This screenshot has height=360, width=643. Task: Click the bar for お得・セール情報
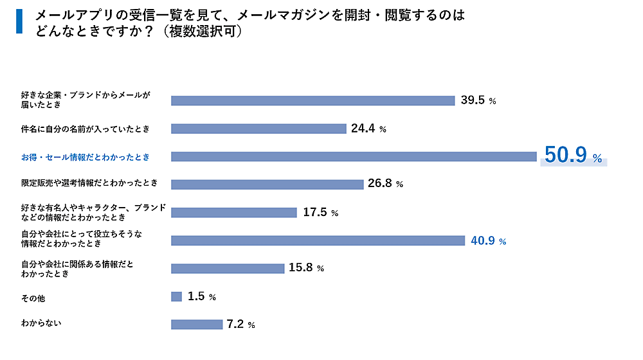click(354, 156)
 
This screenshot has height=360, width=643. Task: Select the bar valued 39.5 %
click(313, 100)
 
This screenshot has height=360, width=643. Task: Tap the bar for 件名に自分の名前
click(258, 129)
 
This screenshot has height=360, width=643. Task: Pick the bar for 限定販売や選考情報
click(267, 184)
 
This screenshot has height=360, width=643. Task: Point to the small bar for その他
click(176, 296)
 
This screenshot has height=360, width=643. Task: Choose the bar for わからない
click(197, 325)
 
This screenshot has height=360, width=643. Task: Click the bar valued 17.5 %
click(233, 212)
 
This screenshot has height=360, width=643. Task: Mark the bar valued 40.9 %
click(318, 240)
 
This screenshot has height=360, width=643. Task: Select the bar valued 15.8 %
click(228, 268)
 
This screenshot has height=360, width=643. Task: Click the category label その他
click(33, 298)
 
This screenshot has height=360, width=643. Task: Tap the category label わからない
click(41, 323)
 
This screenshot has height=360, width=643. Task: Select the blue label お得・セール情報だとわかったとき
click(85, 156)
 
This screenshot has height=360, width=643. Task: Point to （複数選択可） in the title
click(202, 30)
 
